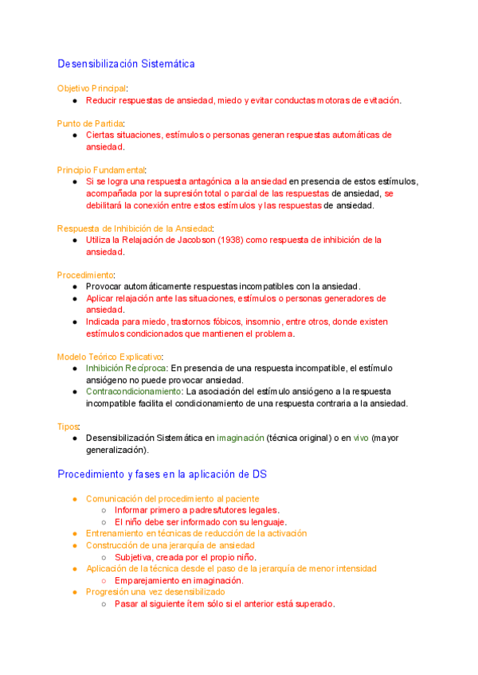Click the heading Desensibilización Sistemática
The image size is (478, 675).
126,64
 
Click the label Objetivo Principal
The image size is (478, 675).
92,88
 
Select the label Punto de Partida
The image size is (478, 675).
90,123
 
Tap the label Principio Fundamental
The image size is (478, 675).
101,170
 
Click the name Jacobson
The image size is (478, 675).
197,240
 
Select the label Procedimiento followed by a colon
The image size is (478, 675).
84,275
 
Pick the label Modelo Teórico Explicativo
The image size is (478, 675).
109,357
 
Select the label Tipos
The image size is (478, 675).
68,427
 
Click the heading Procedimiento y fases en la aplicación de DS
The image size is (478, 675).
162,474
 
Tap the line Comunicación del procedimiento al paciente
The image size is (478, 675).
172,498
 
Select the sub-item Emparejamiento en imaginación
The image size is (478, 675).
178,580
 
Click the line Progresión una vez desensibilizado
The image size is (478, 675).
155,592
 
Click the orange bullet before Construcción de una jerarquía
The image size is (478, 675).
74,545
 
